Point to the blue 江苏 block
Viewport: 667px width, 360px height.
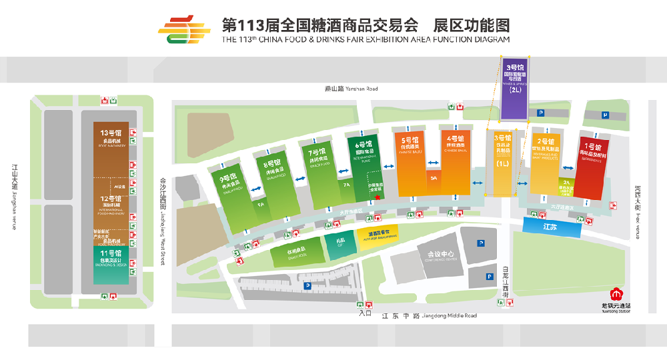551,227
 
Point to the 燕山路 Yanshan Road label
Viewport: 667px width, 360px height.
351,89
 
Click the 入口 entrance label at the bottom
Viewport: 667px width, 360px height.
365,312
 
